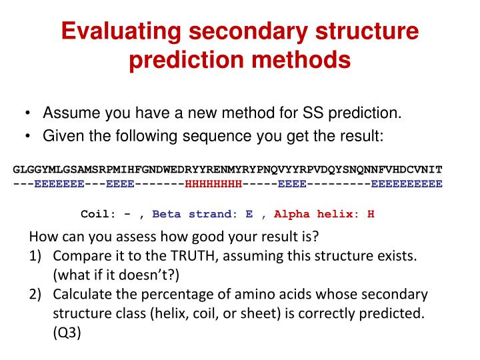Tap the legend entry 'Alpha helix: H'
324,214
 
